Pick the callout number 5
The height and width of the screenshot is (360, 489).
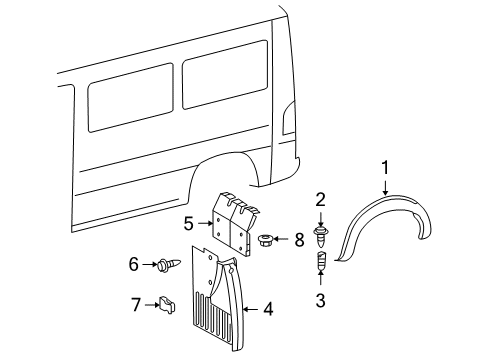point(188,223)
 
